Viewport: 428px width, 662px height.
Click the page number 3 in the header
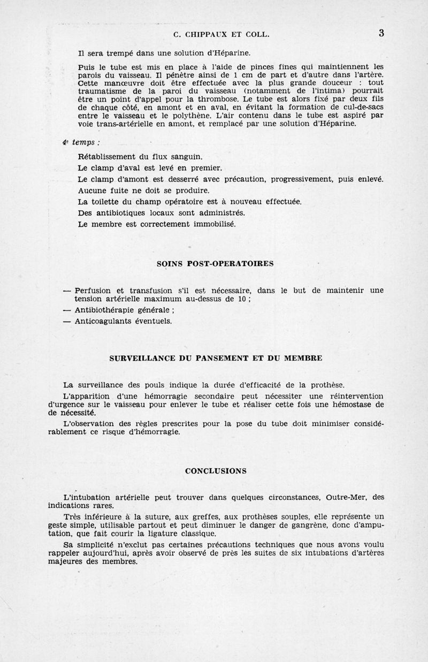[381, 33]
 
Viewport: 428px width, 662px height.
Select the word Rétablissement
[107, 157]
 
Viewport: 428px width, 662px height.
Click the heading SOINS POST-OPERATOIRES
[215, 264]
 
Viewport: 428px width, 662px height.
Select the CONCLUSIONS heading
[215, 471]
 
